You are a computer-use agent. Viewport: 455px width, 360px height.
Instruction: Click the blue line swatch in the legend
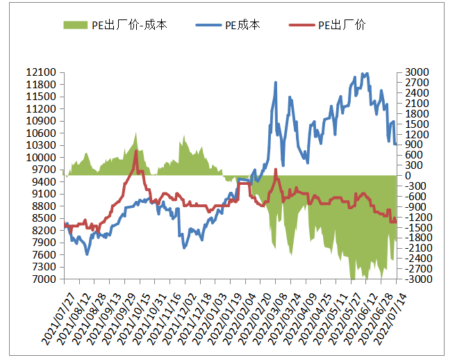208,25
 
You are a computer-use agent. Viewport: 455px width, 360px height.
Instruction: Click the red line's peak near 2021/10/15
136,150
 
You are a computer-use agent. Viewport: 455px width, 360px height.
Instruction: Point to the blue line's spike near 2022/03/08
276,82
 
